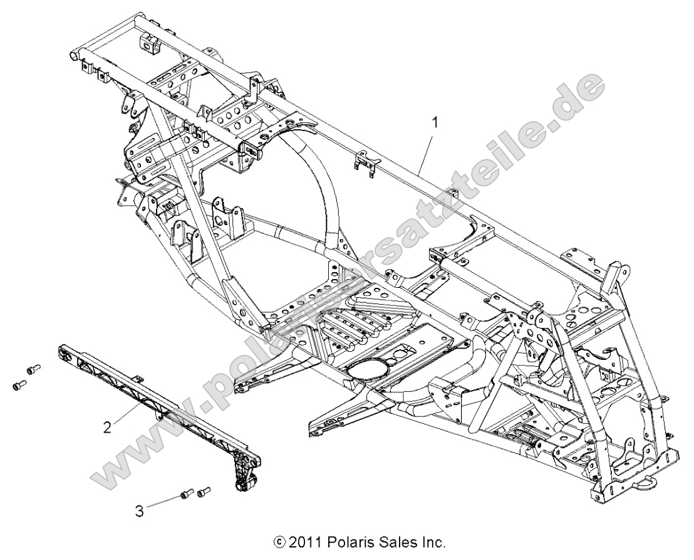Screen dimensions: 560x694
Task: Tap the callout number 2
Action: [108, 428]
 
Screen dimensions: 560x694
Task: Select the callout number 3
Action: [139, 511]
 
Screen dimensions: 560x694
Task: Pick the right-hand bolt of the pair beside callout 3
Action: [203, 492]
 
